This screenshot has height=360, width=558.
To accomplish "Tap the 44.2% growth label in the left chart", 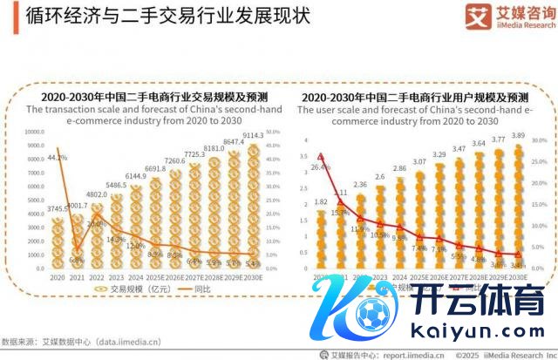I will pyautogui.click(x=57, y=158).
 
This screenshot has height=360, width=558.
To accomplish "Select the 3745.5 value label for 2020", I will pyautogui.click(x=57, y=210).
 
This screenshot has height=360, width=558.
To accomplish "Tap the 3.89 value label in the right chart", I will pyautogui.click(x=520, y=137).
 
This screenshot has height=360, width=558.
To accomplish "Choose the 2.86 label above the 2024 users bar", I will pyautogui.click(x=399, y=167).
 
